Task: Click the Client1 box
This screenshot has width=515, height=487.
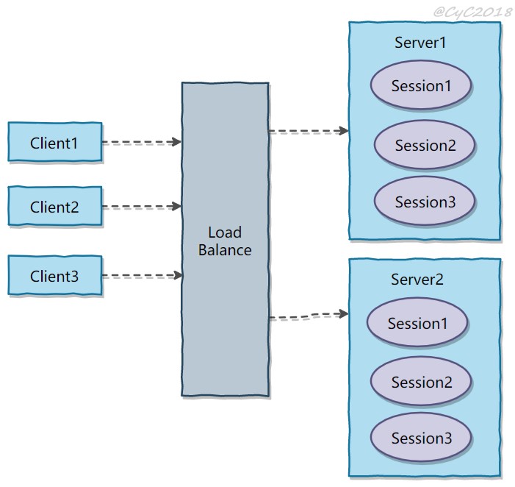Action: coord(55,142)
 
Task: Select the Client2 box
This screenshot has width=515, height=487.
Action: coord(55,206)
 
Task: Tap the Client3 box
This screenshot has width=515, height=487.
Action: coord(55,275)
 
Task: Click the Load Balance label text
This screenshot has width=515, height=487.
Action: coord(225,241)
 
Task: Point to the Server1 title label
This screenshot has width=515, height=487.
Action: coord(420,43)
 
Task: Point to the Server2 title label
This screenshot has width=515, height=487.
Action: coord(417,279)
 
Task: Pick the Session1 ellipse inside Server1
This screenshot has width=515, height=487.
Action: coord(421,85)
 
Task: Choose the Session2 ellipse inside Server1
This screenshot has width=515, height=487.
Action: coord(425,145)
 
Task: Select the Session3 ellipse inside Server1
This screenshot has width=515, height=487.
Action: coord(425,201)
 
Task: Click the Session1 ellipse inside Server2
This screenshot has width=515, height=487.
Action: coord(417,322)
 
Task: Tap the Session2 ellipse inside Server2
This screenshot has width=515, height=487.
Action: coord(421,382)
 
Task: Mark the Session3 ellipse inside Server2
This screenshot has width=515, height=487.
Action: coord(421,438)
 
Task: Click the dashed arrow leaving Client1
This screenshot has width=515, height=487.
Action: coord(142,142)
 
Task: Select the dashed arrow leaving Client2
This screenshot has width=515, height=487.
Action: coord(142,207)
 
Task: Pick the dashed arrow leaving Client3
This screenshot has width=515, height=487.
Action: coord(143,275)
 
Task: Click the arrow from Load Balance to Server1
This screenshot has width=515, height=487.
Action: coord(309,131)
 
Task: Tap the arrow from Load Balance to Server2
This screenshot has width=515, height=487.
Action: coord(309,316)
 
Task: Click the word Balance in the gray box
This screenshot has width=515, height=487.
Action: coord(225,250)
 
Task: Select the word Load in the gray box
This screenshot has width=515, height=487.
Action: coord(225,232)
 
